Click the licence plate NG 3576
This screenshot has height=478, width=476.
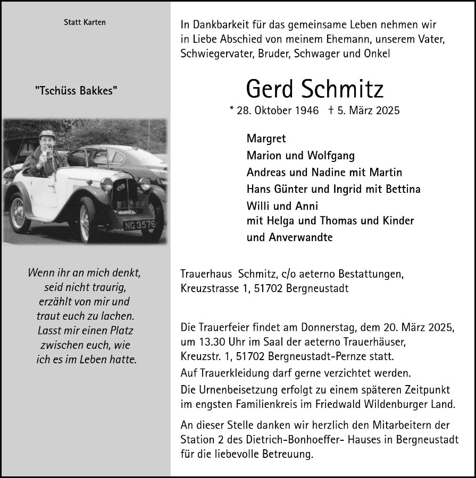pyautogui.click(x=140, y=225)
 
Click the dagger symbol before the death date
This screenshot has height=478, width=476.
pyautogui.click(x=331, y=110)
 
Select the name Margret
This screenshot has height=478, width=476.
pyautogui.click(x=266, y=139)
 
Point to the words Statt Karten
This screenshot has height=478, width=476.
pyautogui.click(x=85, y=22)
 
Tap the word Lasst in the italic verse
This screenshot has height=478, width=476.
pyautogui.click(x=51, y=330)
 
